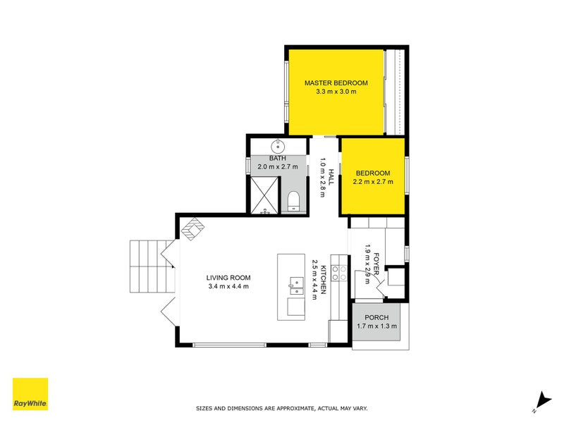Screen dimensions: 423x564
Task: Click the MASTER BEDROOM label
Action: tap(336, 83)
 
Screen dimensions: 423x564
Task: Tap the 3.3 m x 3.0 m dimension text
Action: tap(336, 92)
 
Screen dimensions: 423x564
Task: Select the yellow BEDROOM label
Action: tap(372, 173)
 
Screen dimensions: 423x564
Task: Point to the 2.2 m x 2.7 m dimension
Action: tap(372, 182)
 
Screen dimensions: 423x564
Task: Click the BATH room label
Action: tap(277, 159)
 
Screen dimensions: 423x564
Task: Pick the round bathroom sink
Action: tap(278, 147)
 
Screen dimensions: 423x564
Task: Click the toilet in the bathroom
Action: tap(294, 202)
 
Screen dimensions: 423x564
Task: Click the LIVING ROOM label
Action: tap(228, 277)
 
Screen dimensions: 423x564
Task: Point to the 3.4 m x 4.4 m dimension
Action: tap(228, 286)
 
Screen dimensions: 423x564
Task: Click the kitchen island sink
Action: tap(296, 286)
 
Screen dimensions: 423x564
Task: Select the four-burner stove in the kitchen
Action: tap(340, 274)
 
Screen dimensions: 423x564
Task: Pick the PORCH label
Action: tap(376, 317)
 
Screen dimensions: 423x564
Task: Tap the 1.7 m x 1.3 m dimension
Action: tap(376, 326)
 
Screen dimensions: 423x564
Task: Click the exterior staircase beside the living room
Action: tap(149, 266)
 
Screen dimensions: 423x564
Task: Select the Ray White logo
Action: tap(30, 394)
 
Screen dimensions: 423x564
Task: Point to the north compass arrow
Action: tap(541, 399)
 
